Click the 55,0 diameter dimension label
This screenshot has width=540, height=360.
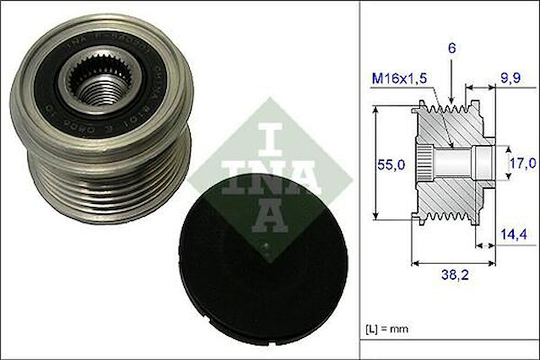pos(392,165)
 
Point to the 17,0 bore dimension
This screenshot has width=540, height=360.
pos(523,163)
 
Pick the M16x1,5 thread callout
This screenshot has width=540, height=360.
pos(400,78)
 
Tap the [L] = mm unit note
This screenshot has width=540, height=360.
pos(387,328)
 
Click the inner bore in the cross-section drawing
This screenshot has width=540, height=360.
pos(453,163)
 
